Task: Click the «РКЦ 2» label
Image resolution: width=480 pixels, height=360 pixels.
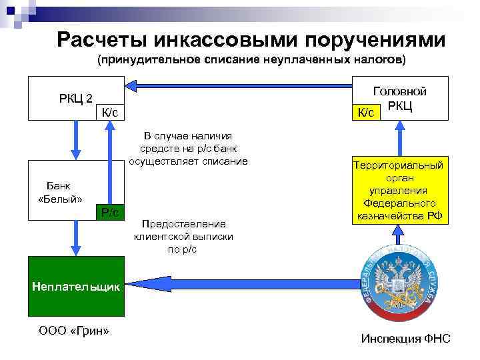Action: point(75,99)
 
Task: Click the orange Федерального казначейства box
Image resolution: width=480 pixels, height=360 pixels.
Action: point(398,191)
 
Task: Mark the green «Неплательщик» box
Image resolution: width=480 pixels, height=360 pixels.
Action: point(75,286)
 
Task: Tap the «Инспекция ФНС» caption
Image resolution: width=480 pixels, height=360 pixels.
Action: point(405,339)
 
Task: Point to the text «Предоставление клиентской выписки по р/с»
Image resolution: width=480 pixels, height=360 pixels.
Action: point(179,236)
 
